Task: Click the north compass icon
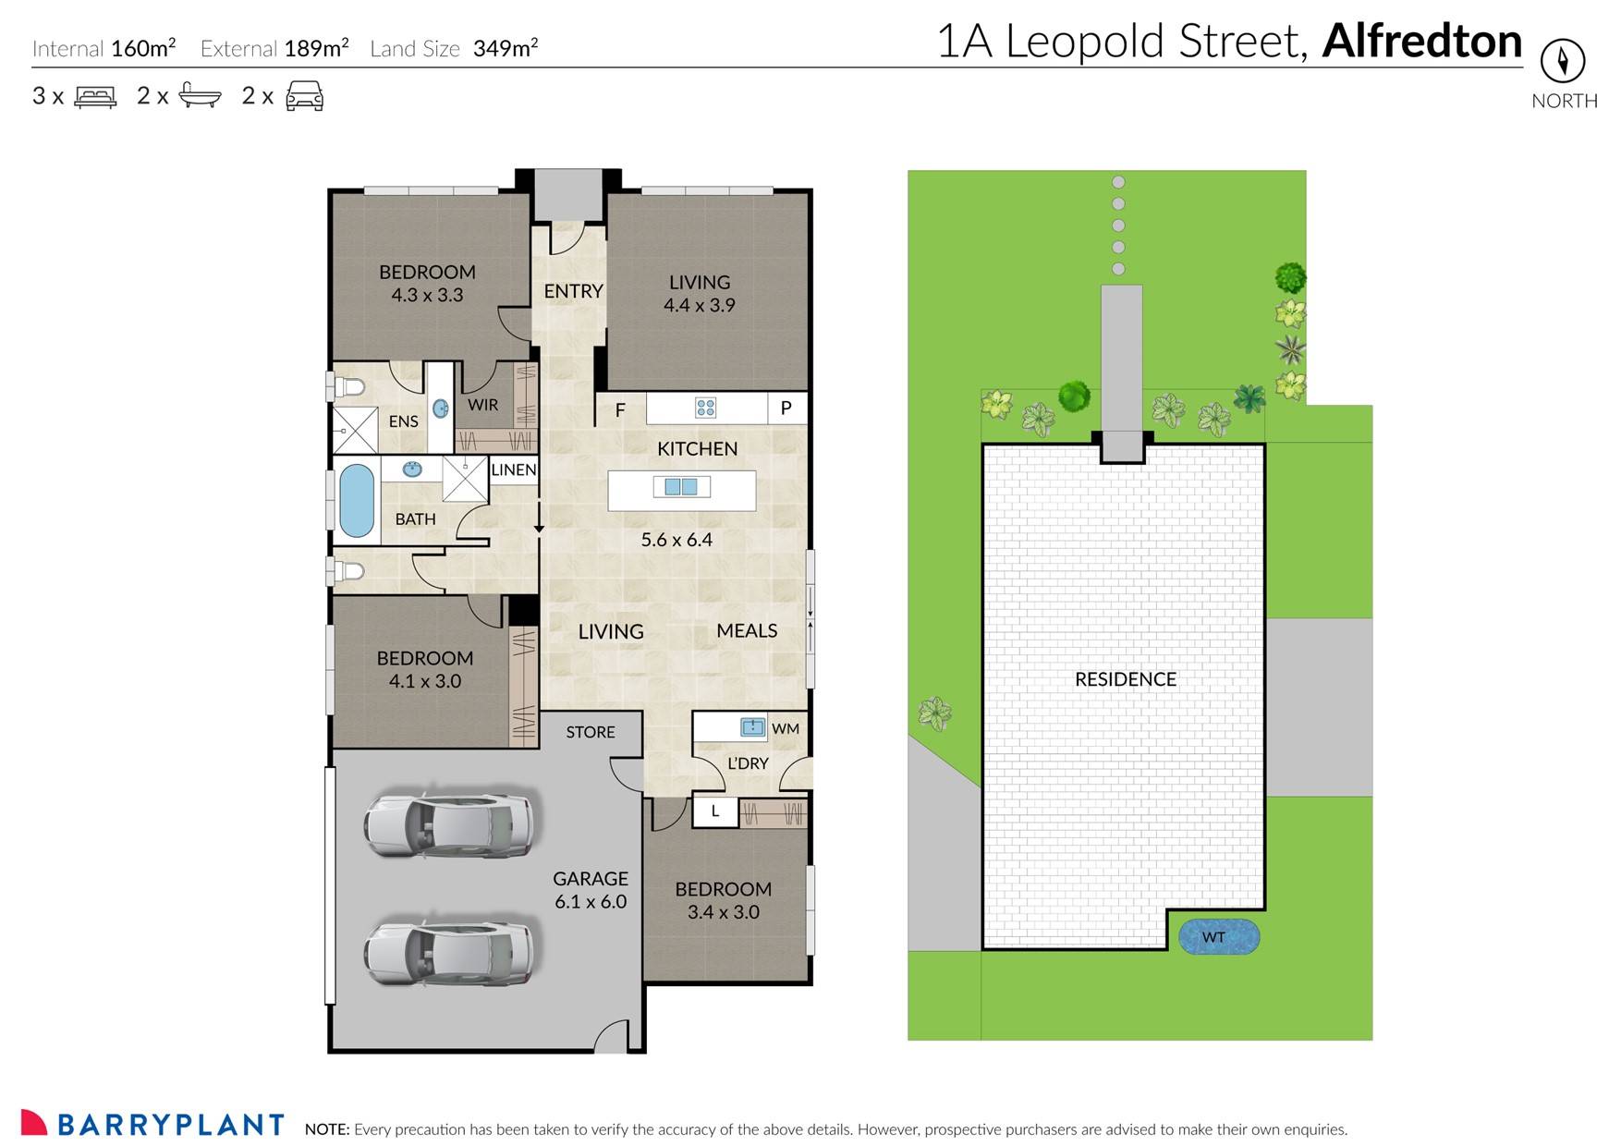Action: tap(1562, 62)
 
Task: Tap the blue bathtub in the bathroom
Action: tap(357, 501)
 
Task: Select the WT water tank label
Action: tap(1213, 937)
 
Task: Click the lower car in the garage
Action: tap(448, 950)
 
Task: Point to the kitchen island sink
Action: tap(681, 486)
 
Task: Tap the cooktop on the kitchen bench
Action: tap(705, 408)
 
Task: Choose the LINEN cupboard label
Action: tap(514, 469)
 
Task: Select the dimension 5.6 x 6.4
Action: tap(676, 540)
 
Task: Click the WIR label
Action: tap(482, 405)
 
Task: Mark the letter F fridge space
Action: tap(620, 409)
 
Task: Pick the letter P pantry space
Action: tap(786, 408)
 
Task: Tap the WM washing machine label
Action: tap(786, 728)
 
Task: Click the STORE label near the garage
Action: tap(591, 732)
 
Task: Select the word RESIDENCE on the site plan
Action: tap(1125, 679)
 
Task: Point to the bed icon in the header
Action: tap(95, 96)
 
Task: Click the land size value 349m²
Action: tap(505, 48)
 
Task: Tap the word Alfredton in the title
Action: tap(1421, 42)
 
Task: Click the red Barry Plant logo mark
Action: tap(33, 1122)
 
